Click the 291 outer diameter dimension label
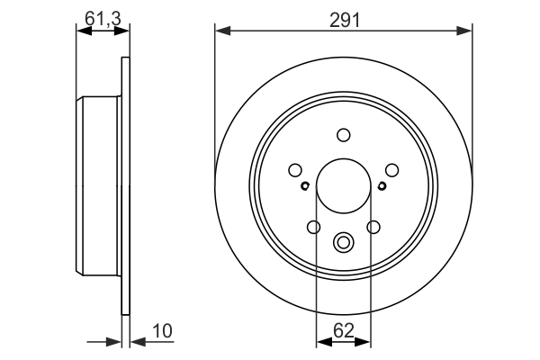tap(344, 17)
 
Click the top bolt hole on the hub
tap(343, 135)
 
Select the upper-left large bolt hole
tap(295, 169)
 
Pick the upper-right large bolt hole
tap(391, 169)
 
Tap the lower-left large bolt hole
tap(313, 227)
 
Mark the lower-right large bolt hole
tap(373, 227)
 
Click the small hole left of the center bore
tap(305, 186)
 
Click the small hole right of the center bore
tap(382, 186)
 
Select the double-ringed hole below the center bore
tap(343, 242)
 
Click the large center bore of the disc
tap(343, 186)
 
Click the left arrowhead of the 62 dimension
tap(321, 341)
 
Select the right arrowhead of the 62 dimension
tap(364, 341)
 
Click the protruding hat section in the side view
tap(99, 186)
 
